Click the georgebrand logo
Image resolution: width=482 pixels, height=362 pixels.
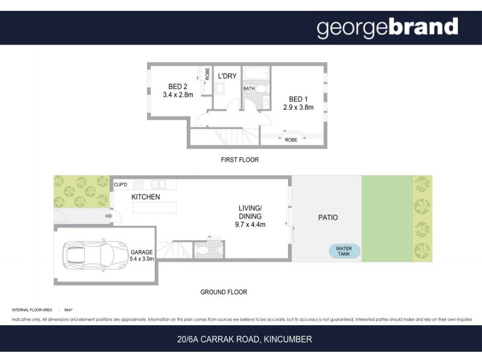pos(387,27)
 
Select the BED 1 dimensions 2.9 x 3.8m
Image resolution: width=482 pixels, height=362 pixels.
pos(299,107)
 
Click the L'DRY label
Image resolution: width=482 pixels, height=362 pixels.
pos(228,77)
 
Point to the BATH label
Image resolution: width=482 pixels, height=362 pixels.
pos(249,89)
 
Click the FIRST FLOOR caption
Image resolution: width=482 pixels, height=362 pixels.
pos(239,160)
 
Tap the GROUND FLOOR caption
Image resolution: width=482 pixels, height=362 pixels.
pos(224,292)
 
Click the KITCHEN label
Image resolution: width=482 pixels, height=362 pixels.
pos(146,197)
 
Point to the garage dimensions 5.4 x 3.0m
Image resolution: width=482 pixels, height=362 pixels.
pos(142,259)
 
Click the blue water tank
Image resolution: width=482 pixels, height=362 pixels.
pos(344,251)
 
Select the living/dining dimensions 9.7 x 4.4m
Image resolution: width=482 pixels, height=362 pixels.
pos(251,224)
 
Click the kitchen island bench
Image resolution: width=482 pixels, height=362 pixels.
pos(155,208)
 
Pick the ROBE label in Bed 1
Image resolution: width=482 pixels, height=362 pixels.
pos(290,140)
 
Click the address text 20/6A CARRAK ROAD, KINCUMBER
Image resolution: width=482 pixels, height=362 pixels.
pos(240,339)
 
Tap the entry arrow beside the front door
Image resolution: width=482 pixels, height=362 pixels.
pos(108,215)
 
